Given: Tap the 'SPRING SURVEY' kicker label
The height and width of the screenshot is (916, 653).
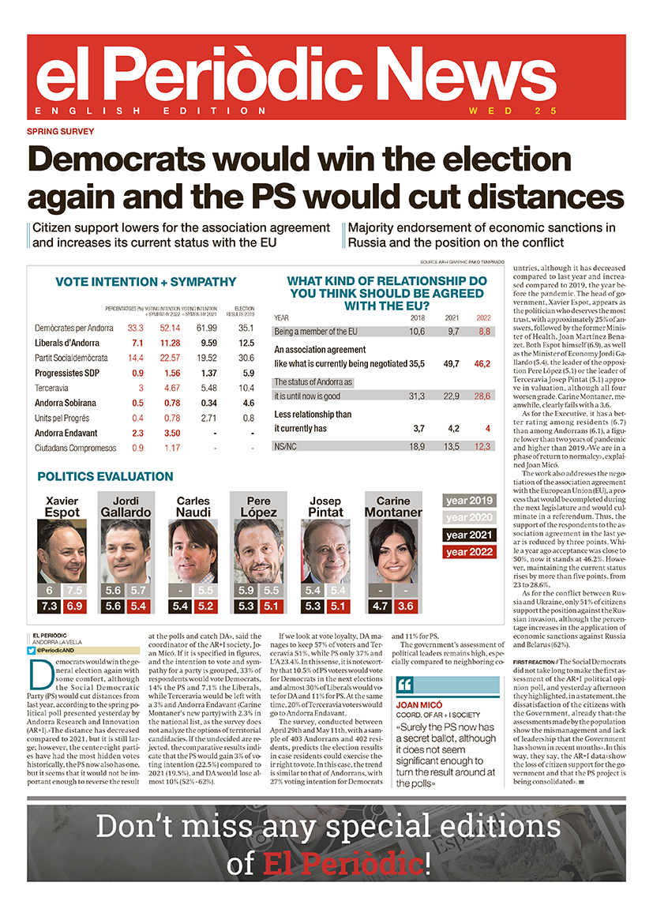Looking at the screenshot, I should point(60,132).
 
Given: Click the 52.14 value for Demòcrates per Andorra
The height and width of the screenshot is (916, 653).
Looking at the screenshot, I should point(170,328).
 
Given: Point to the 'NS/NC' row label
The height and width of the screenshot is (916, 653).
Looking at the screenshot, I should point(286,446).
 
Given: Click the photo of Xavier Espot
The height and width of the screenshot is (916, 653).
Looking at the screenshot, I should point(62,550).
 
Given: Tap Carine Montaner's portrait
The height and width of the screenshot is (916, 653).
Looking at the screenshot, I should point(393,550).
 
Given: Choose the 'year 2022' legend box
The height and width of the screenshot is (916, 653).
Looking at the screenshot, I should point(469,552).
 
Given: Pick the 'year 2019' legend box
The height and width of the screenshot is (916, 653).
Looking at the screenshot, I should point(469,501).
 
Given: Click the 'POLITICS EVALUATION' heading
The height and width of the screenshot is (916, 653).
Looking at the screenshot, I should point(105,477).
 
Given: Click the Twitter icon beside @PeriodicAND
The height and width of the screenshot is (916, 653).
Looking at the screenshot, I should point(32,650).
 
